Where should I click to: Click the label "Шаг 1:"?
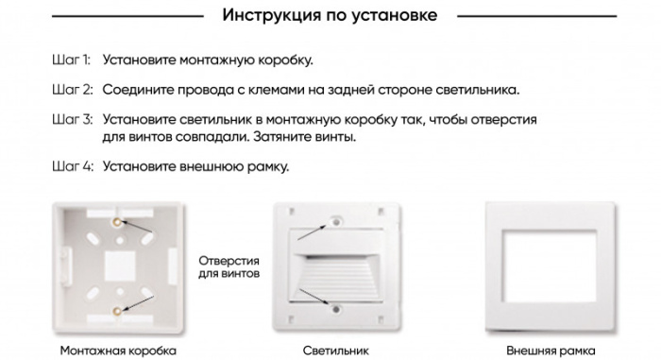coord(71,60)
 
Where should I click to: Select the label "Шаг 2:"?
coord(72,90)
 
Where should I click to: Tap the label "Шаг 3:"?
coord(72,121)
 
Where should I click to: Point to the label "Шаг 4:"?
coord(72,167)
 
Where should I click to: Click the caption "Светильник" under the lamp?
coord(330,350)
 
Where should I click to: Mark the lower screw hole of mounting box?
coord(115,309)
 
